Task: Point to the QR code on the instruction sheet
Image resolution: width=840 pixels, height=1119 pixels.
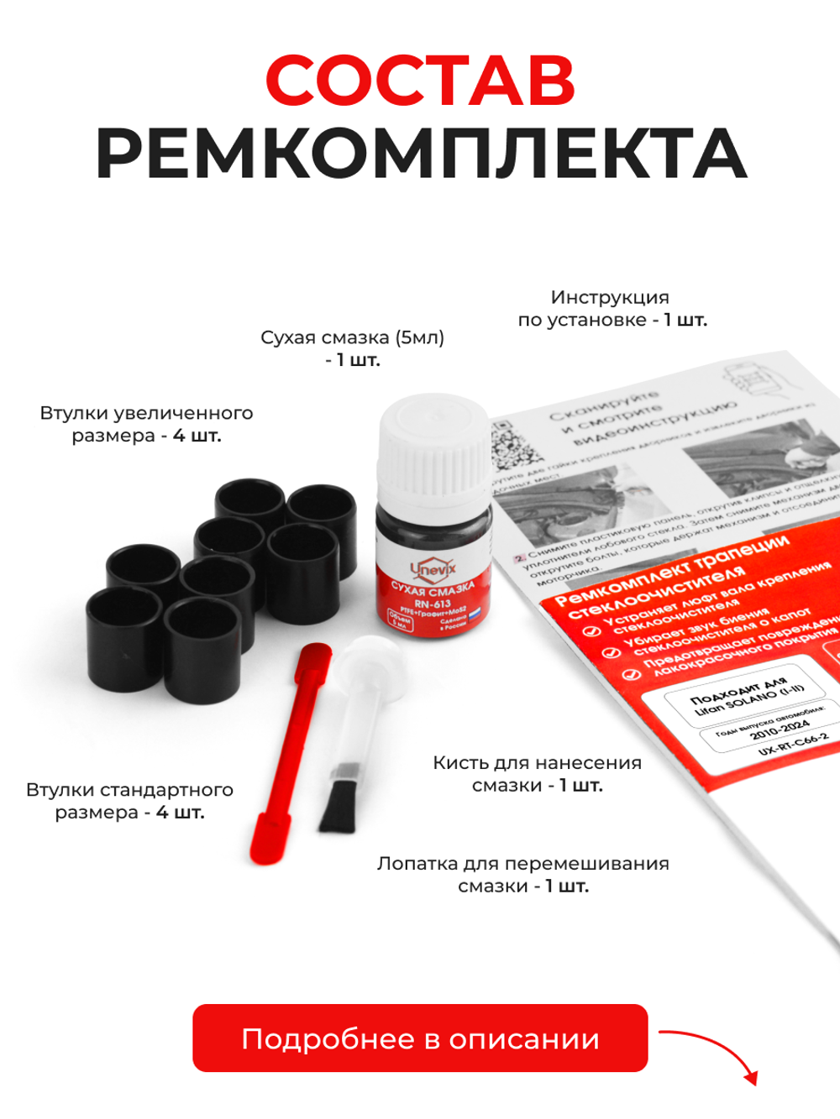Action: point(513,444)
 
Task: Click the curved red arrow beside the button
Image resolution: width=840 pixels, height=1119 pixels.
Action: point(714,1054)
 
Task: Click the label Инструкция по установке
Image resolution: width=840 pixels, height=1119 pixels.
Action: point(612,308)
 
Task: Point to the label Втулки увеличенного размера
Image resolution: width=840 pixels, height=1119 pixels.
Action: point(146,424)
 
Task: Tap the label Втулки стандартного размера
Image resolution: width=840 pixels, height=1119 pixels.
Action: point(129,801)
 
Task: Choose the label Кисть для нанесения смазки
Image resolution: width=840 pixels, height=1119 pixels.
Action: point(537,774)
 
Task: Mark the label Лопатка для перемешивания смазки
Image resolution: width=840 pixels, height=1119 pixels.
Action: point(522,875)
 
